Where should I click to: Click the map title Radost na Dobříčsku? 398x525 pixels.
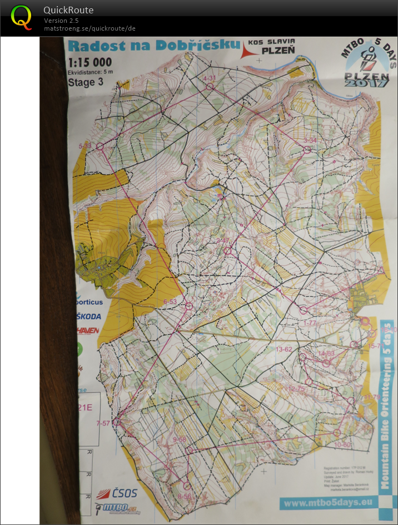coord(153,46)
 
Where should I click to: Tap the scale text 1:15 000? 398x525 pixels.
coord(89,62)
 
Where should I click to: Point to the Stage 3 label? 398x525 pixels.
coord(85,82)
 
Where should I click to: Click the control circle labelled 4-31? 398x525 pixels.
coord(210,87)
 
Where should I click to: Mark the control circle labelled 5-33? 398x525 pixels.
coord(101,146)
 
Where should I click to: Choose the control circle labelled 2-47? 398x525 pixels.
coord(227,251)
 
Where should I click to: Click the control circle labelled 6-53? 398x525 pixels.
coord(188,306)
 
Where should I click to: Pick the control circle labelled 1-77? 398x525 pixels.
coord(304,310)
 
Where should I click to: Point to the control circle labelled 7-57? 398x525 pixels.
coord(117,422)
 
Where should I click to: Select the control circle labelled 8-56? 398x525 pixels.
coord(186,486)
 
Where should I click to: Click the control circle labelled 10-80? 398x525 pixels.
coord(337,433)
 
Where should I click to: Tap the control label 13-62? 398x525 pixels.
coord(283,349)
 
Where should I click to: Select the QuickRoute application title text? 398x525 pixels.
coord(68,10)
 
